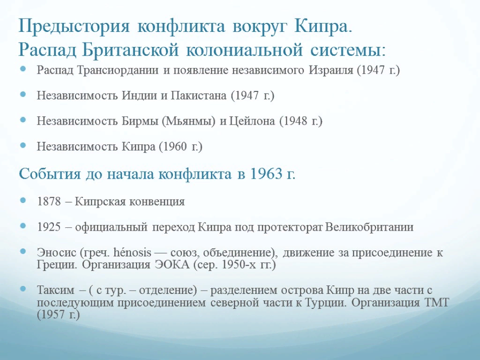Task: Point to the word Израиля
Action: tap(331, 71)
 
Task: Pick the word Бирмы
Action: tap(143, 121)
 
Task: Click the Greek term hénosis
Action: tap(132, 253)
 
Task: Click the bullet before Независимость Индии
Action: tap(24, 96)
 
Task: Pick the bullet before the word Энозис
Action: tap(24, 253)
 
